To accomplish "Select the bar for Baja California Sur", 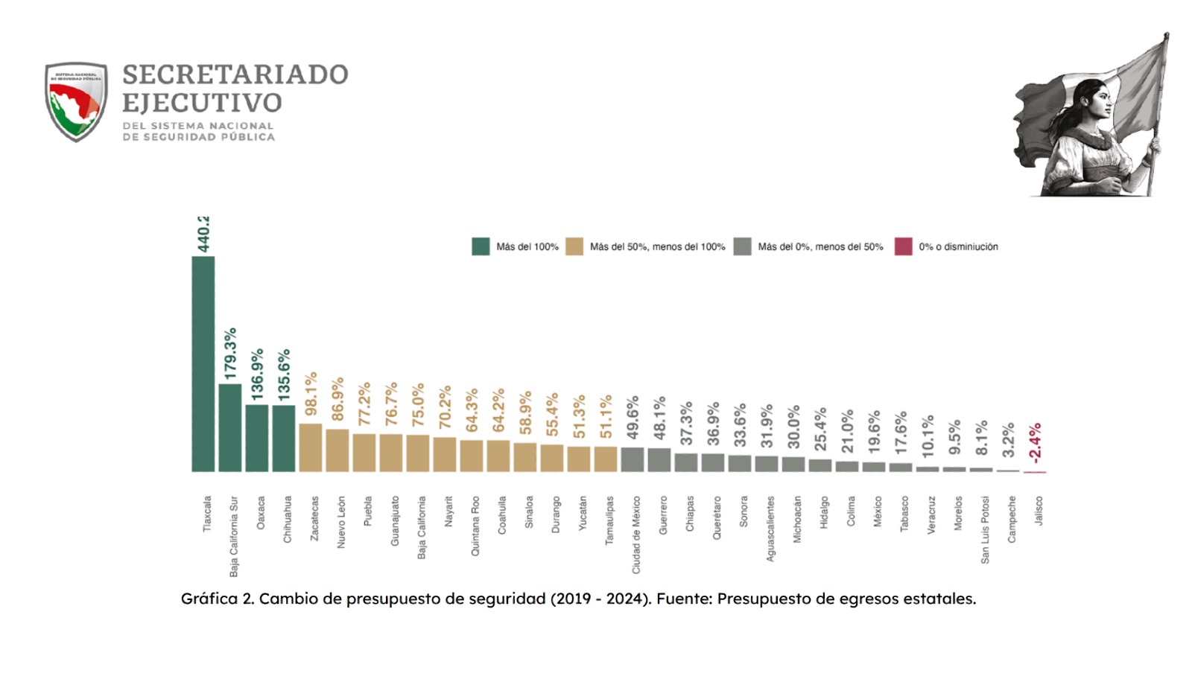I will click(230, 427).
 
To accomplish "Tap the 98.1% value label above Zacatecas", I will click(311, 394).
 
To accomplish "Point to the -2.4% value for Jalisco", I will click(1035, 443).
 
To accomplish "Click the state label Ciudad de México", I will click(636, 535).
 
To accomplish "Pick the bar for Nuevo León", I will click(337, 450).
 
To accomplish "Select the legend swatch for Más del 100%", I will click(481, 246).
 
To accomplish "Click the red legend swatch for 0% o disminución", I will click(903, 246).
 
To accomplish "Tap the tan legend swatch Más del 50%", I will click(574, 246).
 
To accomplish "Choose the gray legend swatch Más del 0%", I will click(742, 246).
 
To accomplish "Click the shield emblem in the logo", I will click(76, 101).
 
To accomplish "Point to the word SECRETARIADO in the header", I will click(235, 74).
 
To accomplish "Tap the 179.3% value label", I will click(230, 354).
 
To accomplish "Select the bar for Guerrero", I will click(659, 459).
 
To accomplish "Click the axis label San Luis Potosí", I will click(985, 529).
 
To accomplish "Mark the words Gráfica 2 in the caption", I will click(217, 599).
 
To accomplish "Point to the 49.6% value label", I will click(633, 418).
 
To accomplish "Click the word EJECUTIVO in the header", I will click(202, 103).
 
